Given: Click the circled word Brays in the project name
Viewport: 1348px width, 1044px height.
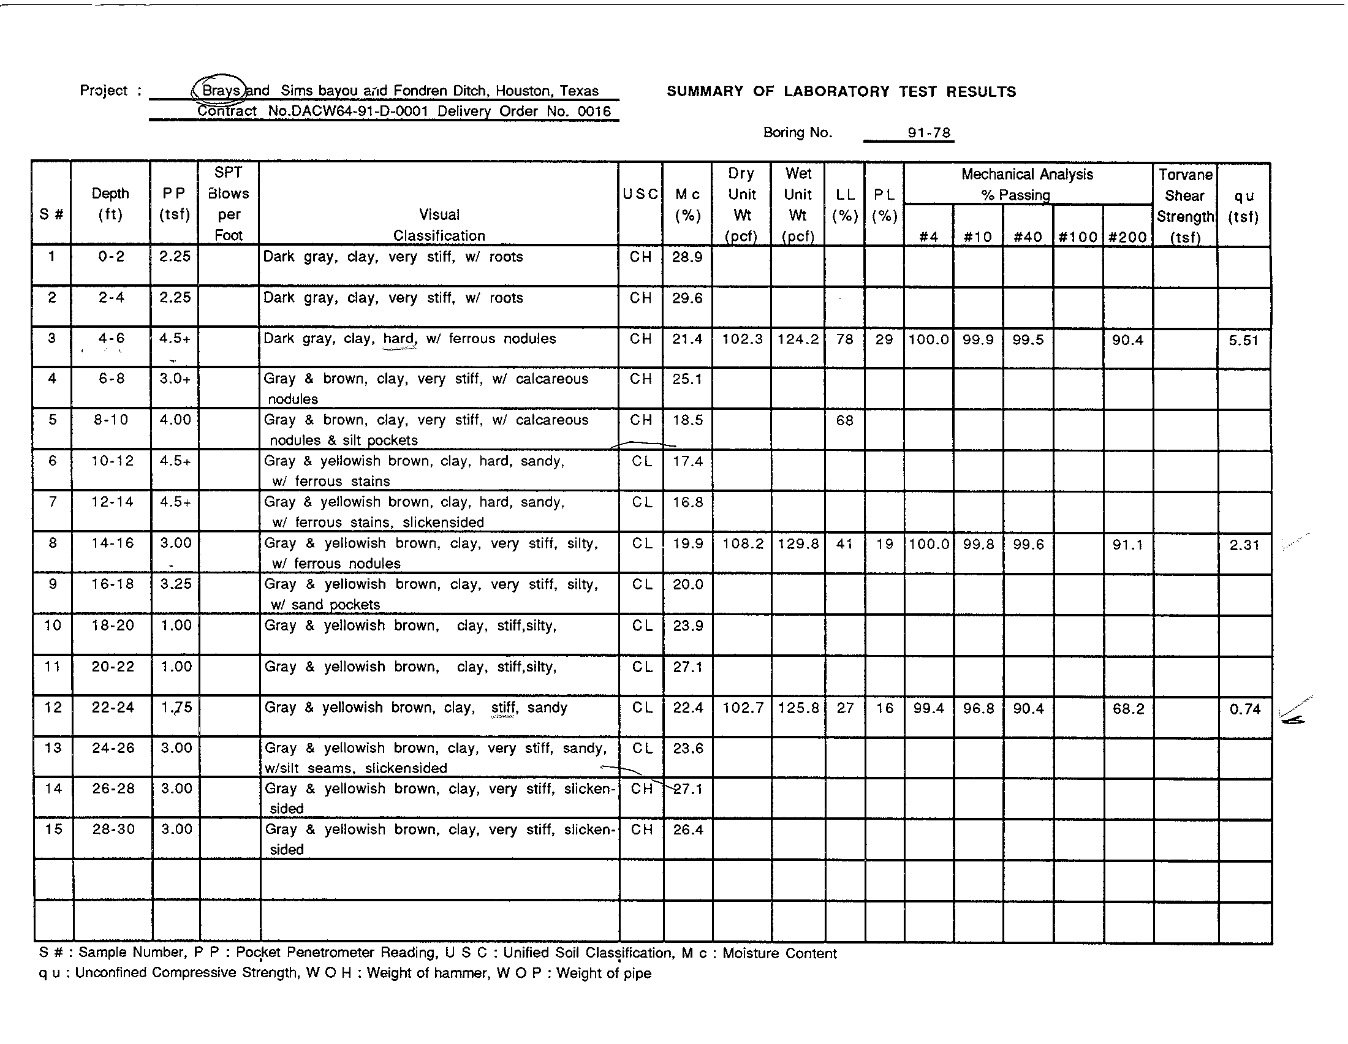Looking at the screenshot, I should [221, 90].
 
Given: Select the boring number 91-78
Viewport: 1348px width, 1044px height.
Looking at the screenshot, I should [928, 133].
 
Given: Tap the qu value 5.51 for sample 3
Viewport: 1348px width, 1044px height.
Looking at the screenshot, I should [1243, 340].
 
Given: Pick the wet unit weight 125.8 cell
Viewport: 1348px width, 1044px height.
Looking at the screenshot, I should [798, 708].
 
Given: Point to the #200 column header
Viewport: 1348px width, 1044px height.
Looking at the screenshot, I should [1127, 237].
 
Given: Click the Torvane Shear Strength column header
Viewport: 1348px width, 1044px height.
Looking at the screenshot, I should [1184, 205].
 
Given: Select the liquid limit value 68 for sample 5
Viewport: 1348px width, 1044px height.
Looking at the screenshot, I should [844, 421].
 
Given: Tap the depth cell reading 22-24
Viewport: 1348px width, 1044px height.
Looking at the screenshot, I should [112, 708].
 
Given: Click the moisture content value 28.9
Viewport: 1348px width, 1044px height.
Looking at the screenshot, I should [687, 257].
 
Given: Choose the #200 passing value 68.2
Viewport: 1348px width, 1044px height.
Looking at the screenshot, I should [1127, 709].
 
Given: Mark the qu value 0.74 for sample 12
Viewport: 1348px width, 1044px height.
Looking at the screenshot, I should [1244, 709].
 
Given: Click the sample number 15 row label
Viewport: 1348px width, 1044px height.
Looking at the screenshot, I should [53, 830].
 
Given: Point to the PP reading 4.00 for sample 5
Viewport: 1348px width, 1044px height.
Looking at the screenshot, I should [175, 420].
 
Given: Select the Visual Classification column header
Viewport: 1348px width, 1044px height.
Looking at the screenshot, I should [439, 225].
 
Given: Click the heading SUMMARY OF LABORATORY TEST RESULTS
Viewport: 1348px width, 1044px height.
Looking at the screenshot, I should [841, 92].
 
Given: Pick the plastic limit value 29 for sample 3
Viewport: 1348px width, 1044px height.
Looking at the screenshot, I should [884, 339].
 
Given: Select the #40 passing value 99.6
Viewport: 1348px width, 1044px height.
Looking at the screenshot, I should [1028, 545].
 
